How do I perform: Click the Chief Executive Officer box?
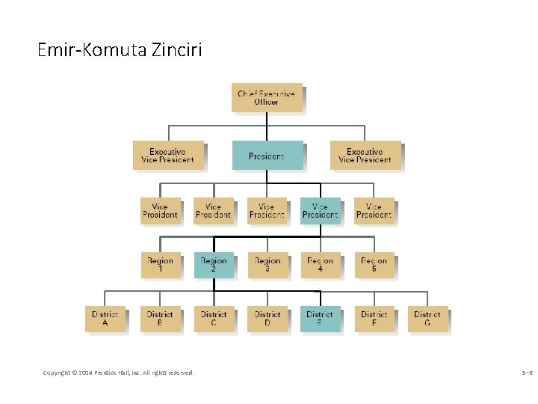(267, 97)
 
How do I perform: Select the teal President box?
(267, 156)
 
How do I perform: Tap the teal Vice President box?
(320, 211)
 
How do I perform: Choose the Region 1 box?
(160, 265)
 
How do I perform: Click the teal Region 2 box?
(214, 265)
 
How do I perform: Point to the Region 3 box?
(267, 265)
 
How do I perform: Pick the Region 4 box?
(320, 265)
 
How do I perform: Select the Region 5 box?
(374, 265)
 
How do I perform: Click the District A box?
(105, 319)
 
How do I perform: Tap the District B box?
(160, 319)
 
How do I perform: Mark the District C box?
(214, 319)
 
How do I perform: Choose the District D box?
(267, 319)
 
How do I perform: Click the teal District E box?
(320, 319)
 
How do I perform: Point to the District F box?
(374, 319)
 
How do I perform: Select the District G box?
(427, 319)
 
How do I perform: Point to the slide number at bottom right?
(527, 372)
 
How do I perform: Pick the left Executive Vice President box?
(167, 156)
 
